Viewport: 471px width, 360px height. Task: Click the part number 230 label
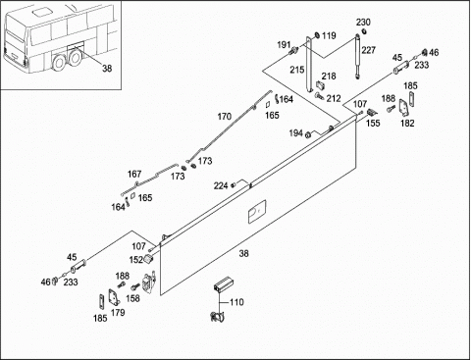click(x=363, y=23)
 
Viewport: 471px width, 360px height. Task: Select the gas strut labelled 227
click(x=357, y=56)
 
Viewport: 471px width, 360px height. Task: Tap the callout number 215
click(x=296, y=70)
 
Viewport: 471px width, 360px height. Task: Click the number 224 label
click(x=221, y=185)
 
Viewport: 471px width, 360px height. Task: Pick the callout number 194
click(x=296, y=133)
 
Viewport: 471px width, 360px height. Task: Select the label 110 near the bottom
click(x=236, y=302)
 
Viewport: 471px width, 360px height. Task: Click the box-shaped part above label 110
click(x=222, y=284)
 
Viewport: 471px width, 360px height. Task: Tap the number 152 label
click(x=136, y=260)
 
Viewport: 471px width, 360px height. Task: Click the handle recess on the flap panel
click(x=257, y=211)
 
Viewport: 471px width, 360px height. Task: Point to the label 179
click(x=118, y=313)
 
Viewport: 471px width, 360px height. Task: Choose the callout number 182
click(x=407, y=124)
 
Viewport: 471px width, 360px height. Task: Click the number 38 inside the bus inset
click(x=107, y=69)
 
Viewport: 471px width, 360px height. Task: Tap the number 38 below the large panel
click(x=243, y=253)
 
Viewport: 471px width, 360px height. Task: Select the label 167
click(x=134, y=175)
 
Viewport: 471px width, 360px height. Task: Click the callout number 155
click(x=373, y=123)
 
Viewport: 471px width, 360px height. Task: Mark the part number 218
click(x=329, y=77)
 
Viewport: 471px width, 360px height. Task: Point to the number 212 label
click(x=334, y=98)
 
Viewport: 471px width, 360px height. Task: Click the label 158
click(x=132, y=298)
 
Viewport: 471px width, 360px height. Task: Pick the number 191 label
click(x=284, y=45)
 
